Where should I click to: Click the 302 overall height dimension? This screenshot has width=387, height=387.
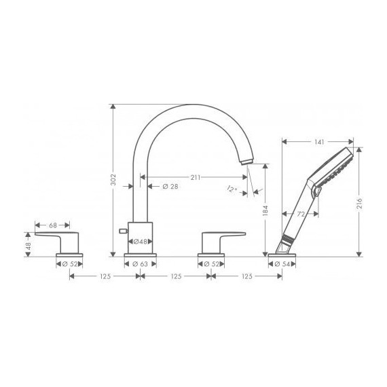[114, 180]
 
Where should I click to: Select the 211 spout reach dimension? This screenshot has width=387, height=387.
[195, 177]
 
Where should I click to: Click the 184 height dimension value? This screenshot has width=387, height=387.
[266, 212]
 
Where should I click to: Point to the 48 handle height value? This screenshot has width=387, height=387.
[28, 242]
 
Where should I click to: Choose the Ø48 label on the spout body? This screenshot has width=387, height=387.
[141, 242]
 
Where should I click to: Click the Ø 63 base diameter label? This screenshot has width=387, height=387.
[141, 264]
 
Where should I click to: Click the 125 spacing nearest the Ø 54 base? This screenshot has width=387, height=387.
[247, 276]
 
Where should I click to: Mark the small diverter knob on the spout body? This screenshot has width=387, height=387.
[122, 232]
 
